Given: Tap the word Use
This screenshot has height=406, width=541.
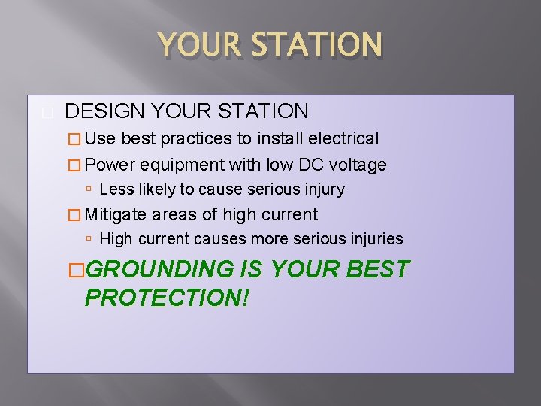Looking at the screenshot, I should coord(101,138).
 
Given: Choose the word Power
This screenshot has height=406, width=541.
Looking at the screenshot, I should coord(110,165).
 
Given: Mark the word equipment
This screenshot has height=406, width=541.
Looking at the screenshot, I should coord(183,165).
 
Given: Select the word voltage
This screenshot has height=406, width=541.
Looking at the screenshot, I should coord(359,165).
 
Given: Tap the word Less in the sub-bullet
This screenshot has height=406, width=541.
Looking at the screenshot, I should coord(114,189).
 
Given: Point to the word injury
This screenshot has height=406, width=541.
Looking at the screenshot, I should coord(325,189).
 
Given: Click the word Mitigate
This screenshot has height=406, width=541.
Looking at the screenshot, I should coord(116,214).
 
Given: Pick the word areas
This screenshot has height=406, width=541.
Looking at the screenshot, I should coord(174,214).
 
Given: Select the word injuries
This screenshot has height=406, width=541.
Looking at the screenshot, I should coord(375,239).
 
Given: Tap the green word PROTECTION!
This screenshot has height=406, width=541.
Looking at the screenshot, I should coord(167,297).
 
